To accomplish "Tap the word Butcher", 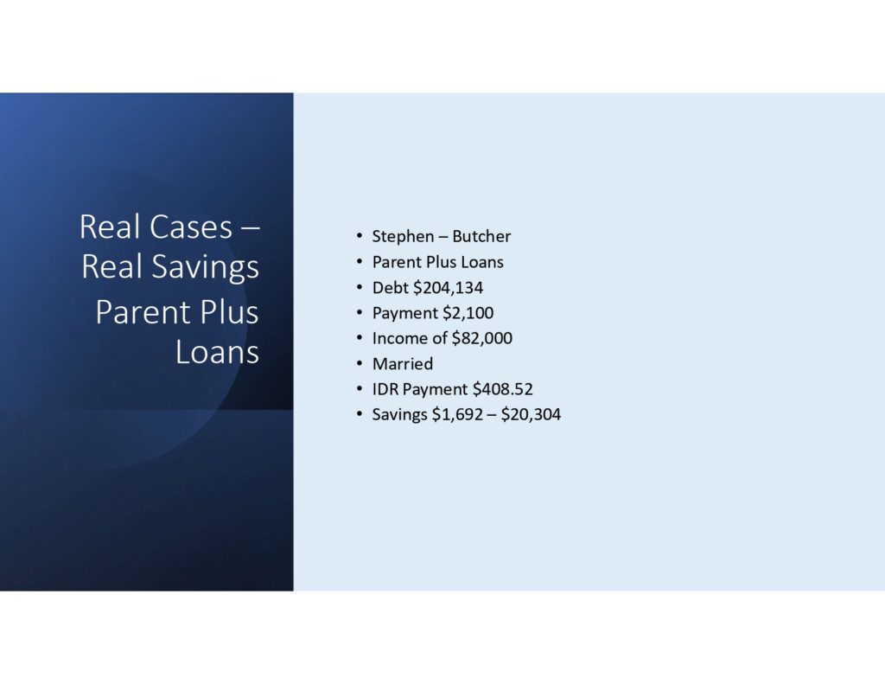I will click(481, 236).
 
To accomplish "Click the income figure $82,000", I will click(481, 338).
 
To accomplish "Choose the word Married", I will click(402, 364).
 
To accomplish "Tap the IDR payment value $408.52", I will click(502, 389).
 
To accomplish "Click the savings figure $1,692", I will click(460, 415).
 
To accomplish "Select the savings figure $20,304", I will click(531, 415).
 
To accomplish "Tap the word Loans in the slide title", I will click(217, 352).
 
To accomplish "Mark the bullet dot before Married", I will click(359, 364).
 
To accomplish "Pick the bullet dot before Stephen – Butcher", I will click(359, 236).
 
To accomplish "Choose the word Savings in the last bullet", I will click(399, 415).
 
